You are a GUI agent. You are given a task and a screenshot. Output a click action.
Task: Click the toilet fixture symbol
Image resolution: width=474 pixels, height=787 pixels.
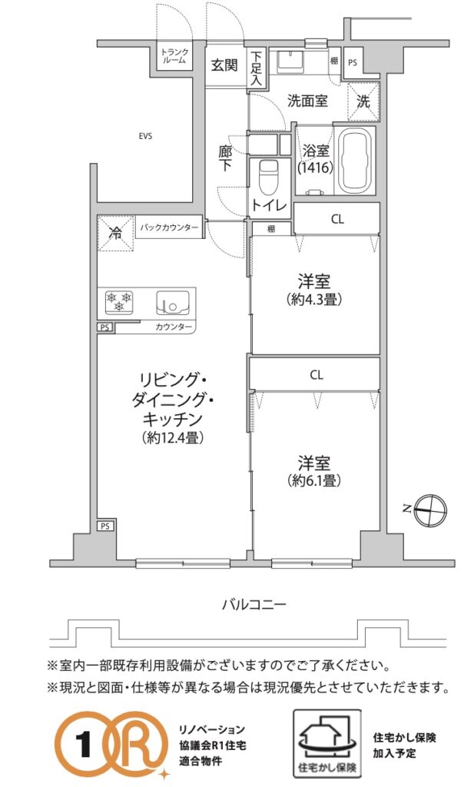click(270, 177)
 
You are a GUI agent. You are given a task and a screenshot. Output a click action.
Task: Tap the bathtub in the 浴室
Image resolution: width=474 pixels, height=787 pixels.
click(355, 161)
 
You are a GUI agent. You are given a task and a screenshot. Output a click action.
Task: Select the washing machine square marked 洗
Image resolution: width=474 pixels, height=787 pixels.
click(363, 101)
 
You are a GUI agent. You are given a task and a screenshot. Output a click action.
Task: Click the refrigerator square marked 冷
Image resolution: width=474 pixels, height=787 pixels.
click(115, 233)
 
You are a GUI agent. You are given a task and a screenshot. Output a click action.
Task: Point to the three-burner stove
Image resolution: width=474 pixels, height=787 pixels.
click(119, 301)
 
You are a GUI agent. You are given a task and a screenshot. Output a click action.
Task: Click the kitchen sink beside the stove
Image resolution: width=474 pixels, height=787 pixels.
click(173, 302)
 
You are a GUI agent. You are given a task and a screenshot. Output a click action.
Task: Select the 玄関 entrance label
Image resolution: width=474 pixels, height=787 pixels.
click(224, 65)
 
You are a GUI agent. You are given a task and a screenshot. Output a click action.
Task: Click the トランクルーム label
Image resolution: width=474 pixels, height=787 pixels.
click(175, 55)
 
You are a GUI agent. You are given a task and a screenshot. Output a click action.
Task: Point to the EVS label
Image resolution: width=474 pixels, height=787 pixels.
click(146, 136)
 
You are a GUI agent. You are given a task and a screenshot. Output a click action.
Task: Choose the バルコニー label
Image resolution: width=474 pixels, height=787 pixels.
click(254, 604)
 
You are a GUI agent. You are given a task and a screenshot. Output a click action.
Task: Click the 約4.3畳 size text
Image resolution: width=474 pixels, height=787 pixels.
click(314, 300)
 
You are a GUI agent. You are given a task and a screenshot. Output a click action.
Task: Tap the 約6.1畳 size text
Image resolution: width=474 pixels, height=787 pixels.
click(314, 480)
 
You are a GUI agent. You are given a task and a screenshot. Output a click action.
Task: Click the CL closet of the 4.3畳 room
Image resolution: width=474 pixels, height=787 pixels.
click(337, 219)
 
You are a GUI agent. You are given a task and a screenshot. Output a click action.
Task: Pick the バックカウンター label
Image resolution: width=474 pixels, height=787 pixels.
click(169, 227)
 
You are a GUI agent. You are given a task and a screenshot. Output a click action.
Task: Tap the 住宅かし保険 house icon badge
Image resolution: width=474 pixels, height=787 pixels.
click(327, 743)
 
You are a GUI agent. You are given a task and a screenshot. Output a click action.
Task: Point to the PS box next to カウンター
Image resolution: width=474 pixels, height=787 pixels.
click(104, 327)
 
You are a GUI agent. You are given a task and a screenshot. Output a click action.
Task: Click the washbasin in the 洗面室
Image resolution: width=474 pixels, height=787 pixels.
click(290, 61)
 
